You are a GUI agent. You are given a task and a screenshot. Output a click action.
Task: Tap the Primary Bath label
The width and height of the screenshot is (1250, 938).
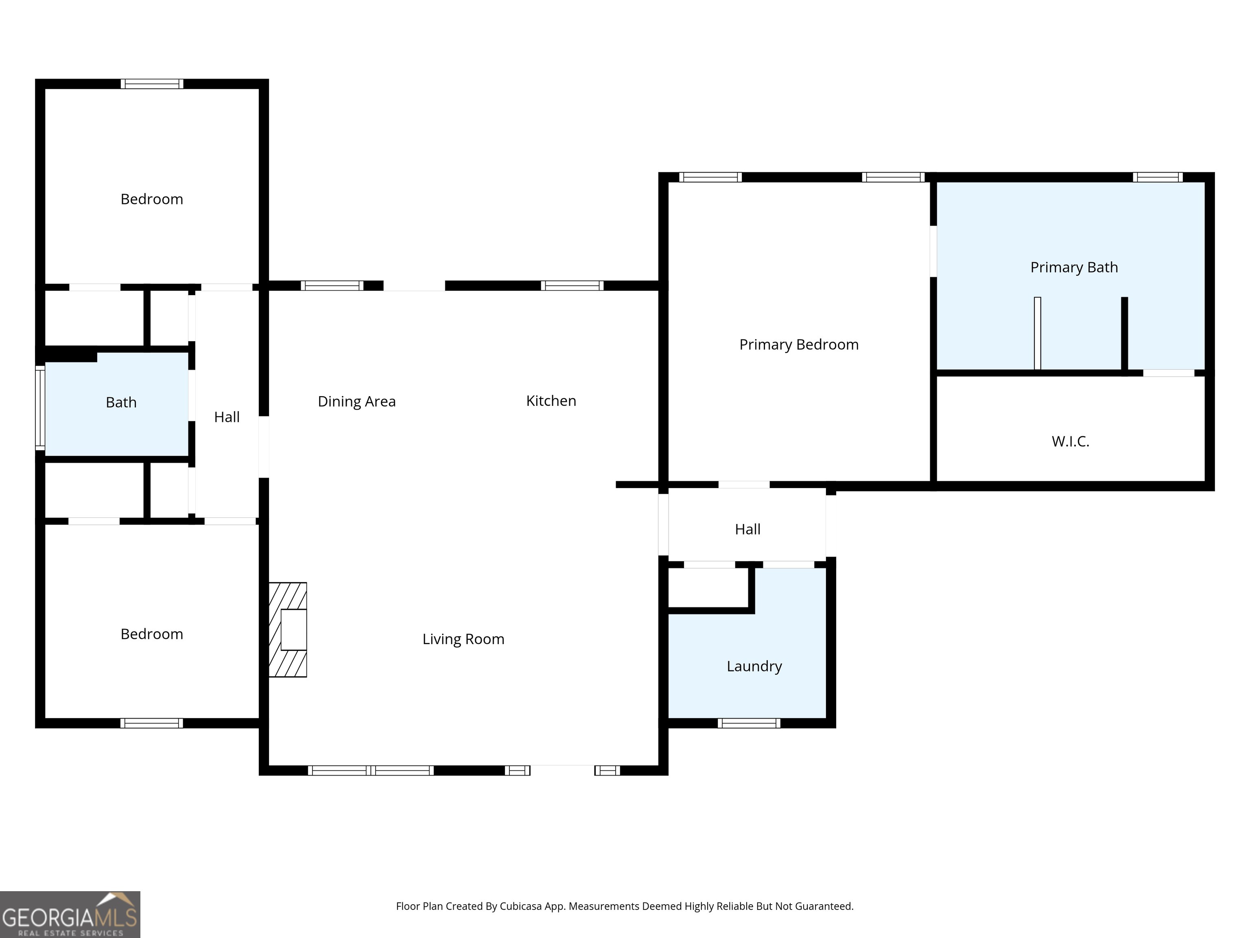tap(1074, 267)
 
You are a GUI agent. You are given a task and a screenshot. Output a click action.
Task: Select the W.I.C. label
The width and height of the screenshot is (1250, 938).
tap(1070, 442)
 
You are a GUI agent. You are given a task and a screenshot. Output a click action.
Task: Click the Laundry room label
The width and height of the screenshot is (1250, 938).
tap(754, 666)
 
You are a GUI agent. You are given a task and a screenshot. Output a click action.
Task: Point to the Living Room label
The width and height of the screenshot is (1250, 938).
tap(463, 640)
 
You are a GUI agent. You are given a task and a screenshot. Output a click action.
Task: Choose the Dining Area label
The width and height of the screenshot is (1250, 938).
tap(356, 401)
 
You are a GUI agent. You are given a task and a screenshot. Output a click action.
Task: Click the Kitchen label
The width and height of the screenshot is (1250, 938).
tap(551, 401)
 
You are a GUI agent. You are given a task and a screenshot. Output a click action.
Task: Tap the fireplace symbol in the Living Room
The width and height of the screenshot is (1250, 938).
tap(288, 629)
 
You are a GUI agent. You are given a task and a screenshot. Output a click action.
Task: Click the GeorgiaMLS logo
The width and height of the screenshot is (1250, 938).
tap(70, 914)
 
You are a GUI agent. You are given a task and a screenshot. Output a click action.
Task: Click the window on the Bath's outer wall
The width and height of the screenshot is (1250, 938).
tap(40, 408)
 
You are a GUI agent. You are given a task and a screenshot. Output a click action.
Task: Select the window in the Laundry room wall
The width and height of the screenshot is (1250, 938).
tap(749, 723)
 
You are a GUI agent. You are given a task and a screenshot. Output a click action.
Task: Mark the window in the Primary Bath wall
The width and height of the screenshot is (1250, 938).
tap(1157, 178)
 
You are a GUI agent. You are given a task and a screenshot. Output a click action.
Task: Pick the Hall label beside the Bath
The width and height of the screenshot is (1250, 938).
tap(227, 417)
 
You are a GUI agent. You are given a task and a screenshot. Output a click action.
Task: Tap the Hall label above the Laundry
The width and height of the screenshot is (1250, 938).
tap(747, 529)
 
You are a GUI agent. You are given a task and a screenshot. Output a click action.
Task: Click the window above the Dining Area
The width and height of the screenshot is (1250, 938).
tap(332, 285)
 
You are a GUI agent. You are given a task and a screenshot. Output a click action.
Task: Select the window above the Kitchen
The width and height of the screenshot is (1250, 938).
tap(572, 285)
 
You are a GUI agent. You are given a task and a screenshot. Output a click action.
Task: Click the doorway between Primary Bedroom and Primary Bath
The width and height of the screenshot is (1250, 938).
tap(933, 252)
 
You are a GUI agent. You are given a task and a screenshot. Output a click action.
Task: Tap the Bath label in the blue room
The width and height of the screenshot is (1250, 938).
tap(121, 403)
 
